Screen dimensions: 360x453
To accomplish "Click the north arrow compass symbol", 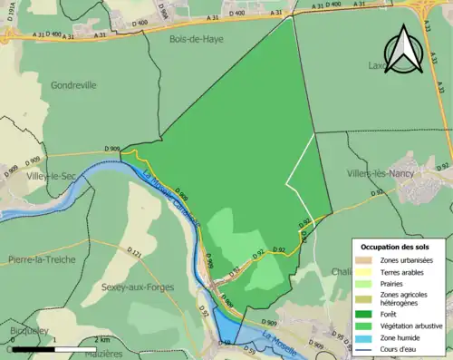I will (x=403, y=51).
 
